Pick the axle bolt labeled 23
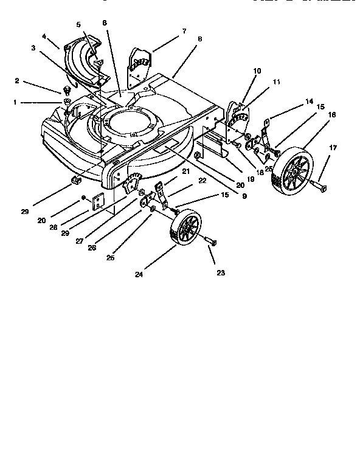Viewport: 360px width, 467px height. (x=210, y=242)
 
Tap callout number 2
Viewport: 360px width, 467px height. (x=17, y=80)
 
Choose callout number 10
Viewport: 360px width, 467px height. (x=257, y=71)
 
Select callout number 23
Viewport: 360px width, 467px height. (x=220, y=273)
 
